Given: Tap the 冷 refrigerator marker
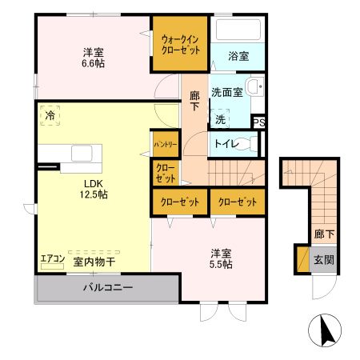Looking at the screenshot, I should tap(50, 116).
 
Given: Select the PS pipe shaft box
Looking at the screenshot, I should tap(258, 122).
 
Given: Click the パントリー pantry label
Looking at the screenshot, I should tap(166, 143).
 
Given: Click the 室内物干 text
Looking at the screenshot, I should tap(93, 261).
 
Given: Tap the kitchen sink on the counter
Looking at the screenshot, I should tap(82, 152).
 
